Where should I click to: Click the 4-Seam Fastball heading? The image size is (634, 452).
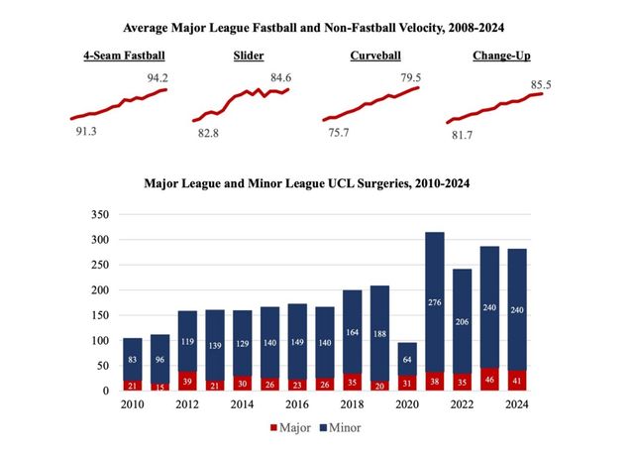(x=124, y=56)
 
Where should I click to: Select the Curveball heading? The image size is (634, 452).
(x=374, y=56)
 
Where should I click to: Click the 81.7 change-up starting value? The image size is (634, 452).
(x=462, y=135)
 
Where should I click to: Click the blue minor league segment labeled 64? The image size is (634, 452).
(x=407, y=359)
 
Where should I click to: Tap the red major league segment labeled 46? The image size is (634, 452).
(x=489, y=379)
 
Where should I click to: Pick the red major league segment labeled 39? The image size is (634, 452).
(x=187, y=381)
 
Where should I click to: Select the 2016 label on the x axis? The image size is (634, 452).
(x=296, y=404)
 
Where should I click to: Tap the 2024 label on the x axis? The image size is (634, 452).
(x=516, y=404)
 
